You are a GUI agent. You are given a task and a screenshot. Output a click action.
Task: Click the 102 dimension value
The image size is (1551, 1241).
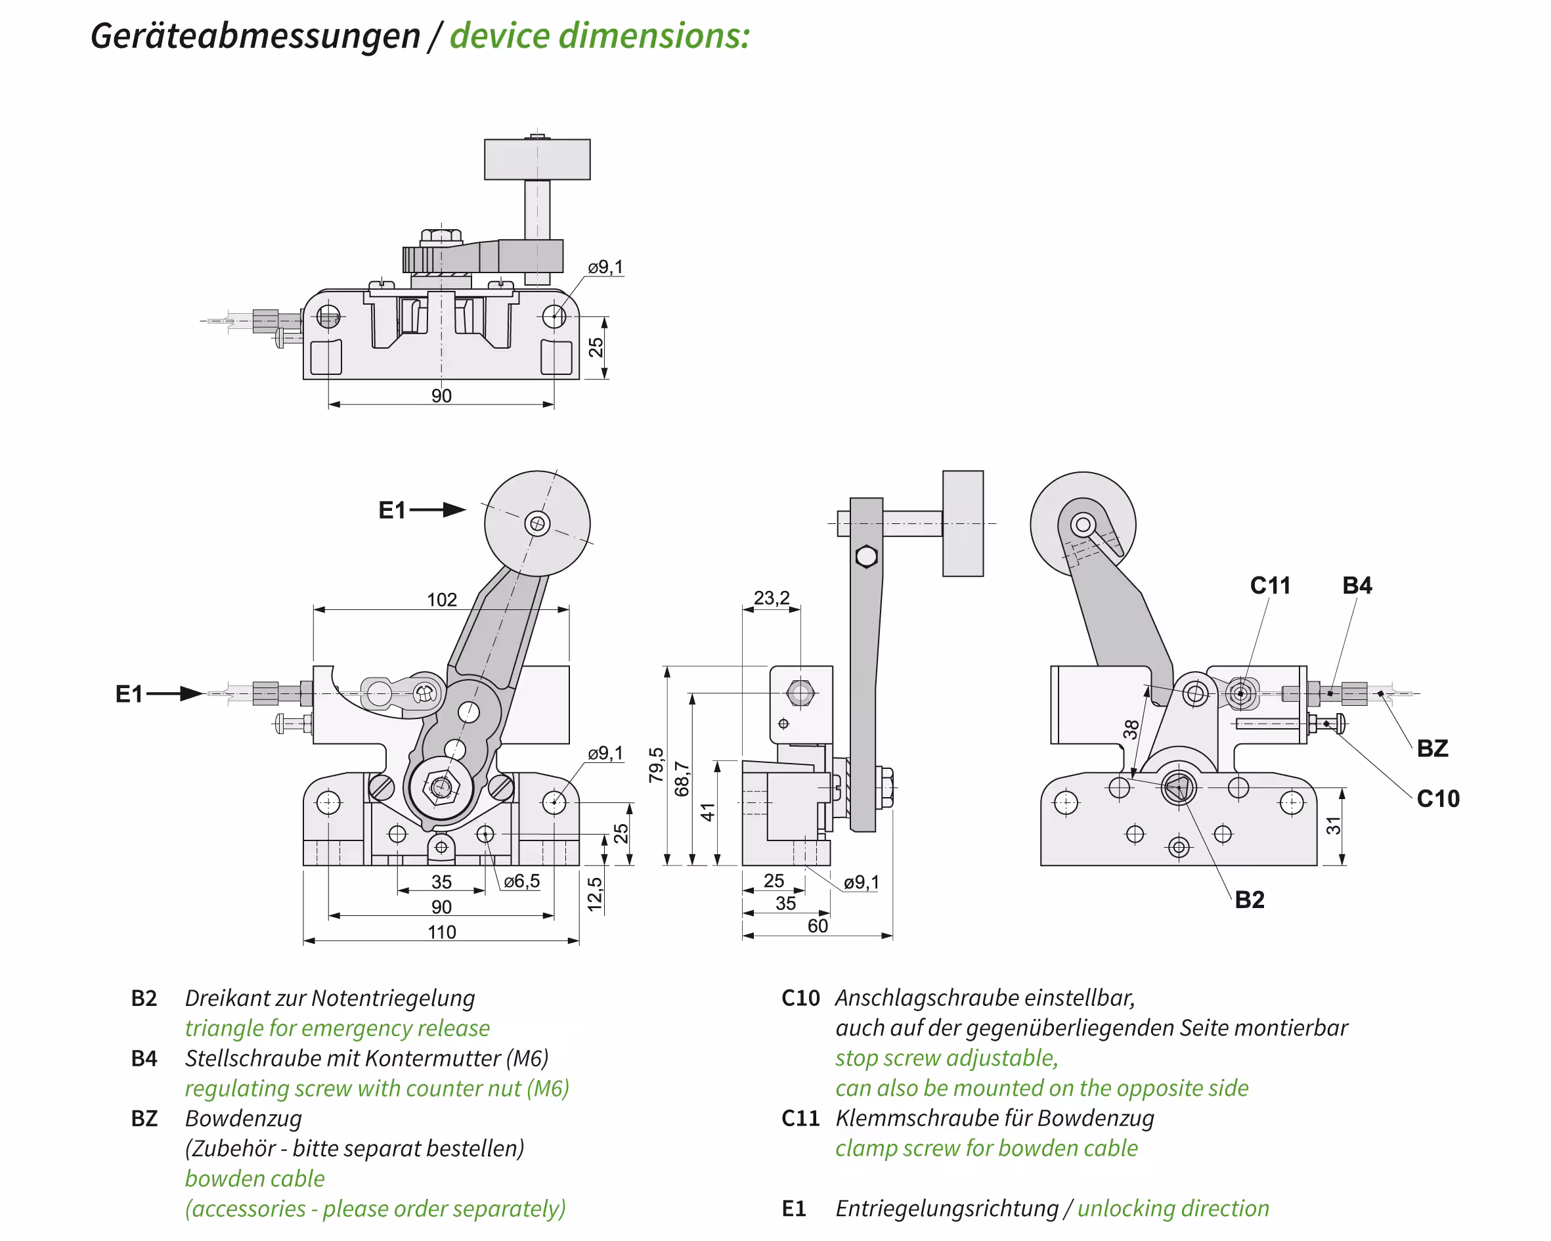click(441, 599)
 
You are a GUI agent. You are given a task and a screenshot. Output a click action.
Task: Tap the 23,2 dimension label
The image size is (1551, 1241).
click(771, 598)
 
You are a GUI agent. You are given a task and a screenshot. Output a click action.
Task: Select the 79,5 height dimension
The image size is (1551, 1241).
click(656, 764)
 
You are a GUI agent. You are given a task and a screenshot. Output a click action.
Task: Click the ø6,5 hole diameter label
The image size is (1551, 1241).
click(521, 881)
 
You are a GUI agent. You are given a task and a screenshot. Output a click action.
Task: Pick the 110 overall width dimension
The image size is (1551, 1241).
click(441, 932)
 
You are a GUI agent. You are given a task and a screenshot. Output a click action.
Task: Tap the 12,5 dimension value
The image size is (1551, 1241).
click(595, 894)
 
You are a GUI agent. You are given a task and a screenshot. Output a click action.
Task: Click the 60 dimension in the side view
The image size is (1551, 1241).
click(818, 926)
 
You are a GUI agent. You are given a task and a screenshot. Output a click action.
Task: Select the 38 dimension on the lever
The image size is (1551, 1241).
click(1131, 729)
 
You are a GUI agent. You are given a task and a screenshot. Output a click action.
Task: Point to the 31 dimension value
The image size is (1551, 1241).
click(1334, 825)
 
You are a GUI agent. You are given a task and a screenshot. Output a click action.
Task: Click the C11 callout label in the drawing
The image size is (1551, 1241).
click(1270, 586)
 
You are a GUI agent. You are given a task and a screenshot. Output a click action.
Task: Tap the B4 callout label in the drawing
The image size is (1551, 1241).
click(1357, 586)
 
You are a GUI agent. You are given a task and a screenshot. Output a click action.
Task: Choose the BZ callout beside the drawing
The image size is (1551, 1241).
click(1431, 748)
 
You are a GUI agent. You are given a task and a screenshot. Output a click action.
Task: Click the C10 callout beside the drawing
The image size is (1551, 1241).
click(1437, 798)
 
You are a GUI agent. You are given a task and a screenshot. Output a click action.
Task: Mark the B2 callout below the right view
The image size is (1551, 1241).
click(1249, 900)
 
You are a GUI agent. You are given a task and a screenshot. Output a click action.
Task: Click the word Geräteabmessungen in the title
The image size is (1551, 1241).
click(255, 35)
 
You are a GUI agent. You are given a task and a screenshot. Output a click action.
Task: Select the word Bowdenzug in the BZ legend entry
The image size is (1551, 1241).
click(243, 1118)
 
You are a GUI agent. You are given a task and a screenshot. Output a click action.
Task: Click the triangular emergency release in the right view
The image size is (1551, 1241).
click(1177, 788)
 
